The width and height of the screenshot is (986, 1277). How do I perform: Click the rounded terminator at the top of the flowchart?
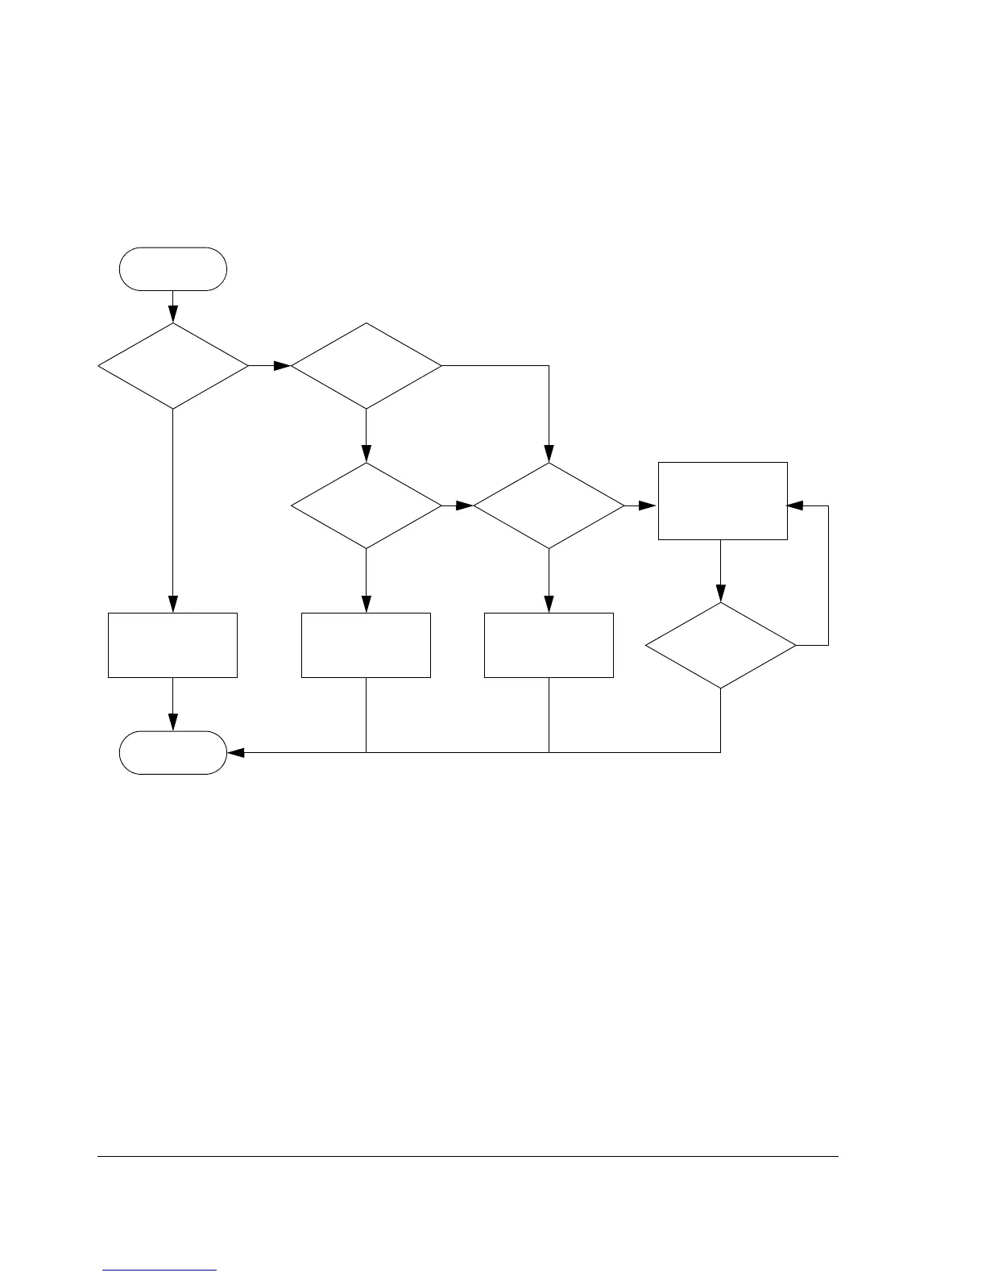click(x=172, y=268)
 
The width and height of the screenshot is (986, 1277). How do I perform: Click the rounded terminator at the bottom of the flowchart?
click(x=172, y=752)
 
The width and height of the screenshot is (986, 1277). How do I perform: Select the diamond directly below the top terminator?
click(x=172, y=366)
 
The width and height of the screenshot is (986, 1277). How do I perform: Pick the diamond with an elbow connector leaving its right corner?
click(x=366, y=366)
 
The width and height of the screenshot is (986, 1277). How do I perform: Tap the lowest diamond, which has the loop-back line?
click(x=720, y=645)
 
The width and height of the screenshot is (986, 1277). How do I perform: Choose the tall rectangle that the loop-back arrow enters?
click(x=722, y=500)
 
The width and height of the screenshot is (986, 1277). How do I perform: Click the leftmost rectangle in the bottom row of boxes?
click(x=172, y=645)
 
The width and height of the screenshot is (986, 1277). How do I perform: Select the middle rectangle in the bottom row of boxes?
click(x=366, y=645)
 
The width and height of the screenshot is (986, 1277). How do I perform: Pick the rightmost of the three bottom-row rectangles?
click(x=549, y=645)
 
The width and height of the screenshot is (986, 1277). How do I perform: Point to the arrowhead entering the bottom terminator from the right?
click(x=235, y=752)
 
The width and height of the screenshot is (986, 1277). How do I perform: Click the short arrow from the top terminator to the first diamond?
click(x=172, y=307)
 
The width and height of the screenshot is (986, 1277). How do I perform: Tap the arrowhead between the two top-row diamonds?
click(x=282, y=366)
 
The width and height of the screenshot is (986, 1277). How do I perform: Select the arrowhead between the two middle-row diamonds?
click(x=465, y=505)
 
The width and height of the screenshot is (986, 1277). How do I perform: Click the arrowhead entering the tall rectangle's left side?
click(x=649, y=505)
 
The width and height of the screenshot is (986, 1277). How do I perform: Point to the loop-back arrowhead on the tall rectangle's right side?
click(x=795, y=505)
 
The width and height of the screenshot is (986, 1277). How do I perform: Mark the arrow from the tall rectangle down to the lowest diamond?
click(x=720, y=572)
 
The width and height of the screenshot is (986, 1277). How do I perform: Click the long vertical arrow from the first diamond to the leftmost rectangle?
click(x=172, y=508)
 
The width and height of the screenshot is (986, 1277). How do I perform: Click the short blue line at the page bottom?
click(x=159, y=1270)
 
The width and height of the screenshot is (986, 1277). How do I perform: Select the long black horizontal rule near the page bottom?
click(x=467, y=1157)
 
